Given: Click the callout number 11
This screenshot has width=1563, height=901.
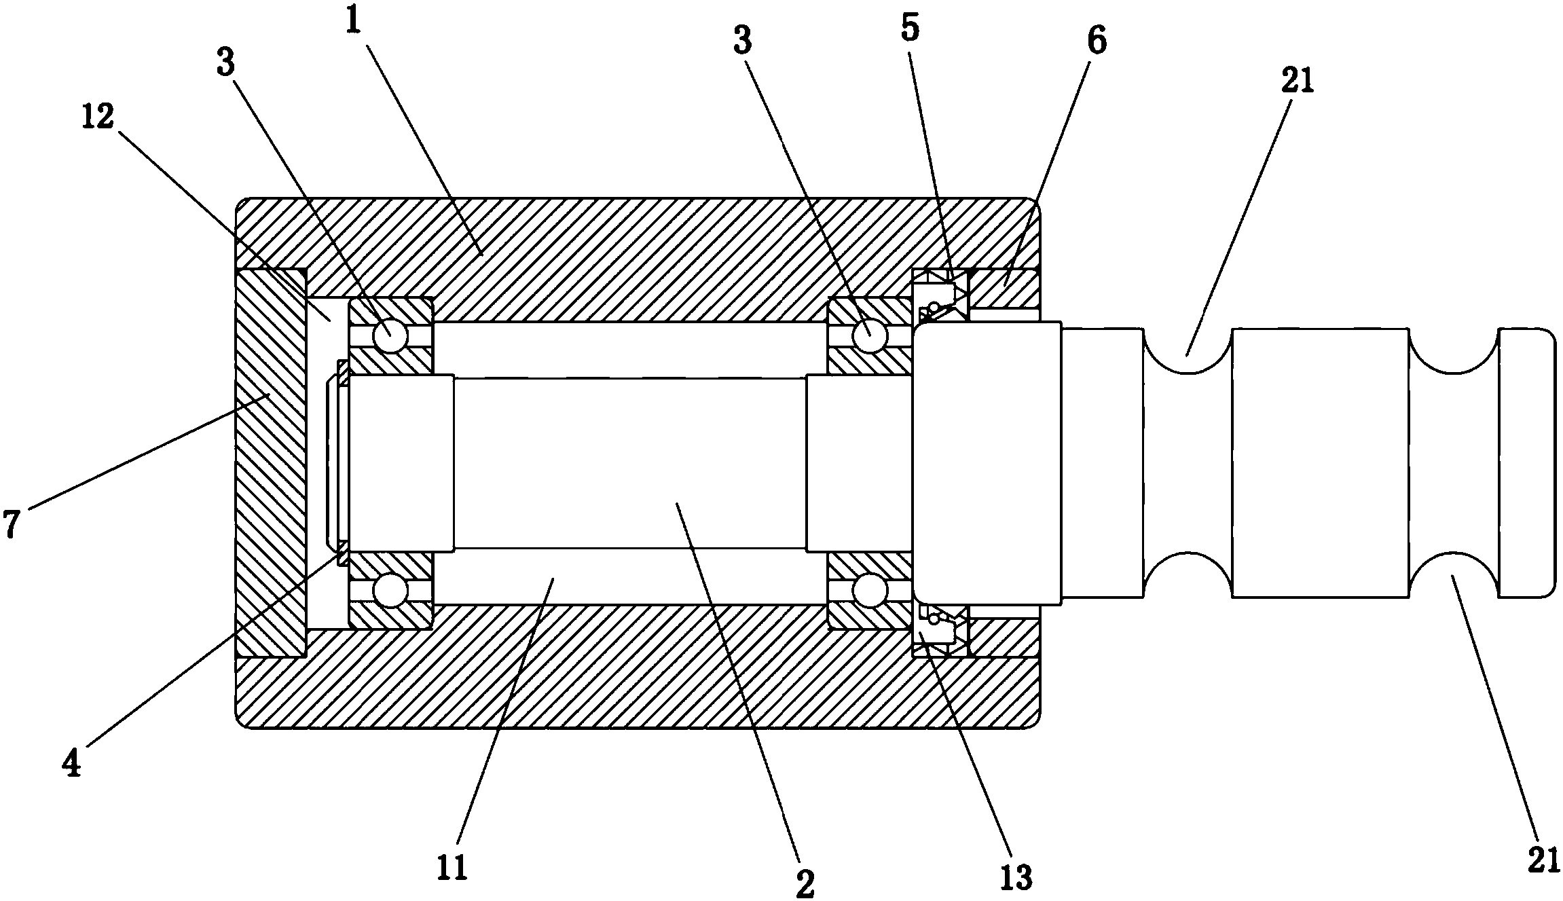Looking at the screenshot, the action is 454,868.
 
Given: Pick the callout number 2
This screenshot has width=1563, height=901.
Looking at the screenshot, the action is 805,882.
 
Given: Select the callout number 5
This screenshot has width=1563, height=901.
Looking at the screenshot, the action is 910,28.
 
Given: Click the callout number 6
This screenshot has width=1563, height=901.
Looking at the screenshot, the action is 1096,41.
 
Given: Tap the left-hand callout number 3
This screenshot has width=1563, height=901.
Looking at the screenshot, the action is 225,62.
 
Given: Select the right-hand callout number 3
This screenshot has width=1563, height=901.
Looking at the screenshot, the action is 743,41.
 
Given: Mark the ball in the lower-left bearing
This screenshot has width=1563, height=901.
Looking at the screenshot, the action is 391,590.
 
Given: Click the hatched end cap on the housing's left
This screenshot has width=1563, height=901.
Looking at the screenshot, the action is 271,463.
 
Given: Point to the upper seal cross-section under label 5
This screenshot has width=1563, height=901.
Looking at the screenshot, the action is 940,295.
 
